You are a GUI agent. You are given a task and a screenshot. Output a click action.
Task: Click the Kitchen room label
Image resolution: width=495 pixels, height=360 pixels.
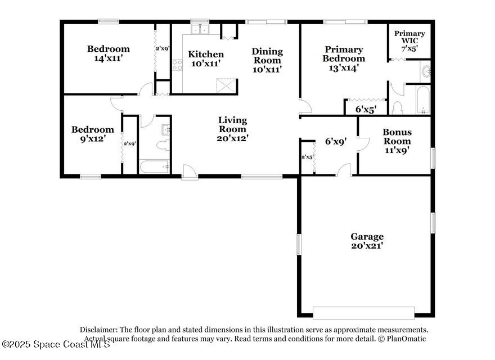[206, 58]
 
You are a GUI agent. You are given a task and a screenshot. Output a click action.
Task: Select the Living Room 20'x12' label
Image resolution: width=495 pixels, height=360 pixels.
[233, 129]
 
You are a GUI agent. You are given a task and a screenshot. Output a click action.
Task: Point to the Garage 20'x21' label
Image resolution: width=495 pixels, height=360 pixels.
[367, 241]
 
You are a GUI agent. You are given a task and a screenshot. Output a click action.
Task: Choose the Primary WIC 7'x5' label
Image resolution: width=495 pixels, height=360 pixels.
[409, 40]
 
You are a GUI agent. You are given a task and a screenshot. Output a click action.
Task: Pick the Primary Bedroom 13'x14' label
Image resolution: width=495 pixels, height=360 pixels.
[344, 58]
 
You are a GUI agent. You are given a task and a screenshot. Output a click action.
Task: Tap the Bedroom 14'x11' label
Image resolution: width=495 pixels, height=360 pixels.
[108, 53]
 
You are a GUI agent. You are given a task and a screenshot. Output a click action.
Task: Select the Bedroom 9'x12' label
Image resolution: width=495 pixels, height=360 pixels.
[92, 134]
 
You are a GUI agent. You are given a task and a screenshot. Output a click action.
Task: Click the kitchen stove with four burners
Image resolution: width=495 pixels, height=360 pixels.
[177, 65]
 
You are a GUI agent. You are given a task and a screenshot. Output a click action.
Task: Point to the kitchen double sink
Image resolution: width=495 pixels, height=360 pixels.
[200, 29]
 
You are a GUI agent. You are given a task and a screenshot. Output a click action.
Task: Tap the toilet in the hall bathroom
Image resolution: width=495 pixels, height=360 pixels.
[163, 145]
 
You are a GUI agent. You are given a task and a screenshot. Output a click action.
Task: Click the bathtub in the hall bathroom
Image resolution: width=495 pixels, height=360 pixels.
[154, 166]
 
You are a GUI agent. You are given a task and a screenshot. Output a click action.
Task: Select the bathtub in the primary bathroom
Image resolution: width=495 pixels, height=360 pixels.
[422, 100]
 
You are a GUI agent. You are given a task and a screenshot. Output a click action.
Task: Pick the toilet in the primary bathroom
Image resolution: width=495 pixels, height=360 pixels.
[397, 107]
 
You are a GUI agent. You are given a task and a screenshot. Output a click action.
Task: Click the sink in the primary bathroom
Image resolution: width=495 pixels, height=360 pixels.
[426, 72]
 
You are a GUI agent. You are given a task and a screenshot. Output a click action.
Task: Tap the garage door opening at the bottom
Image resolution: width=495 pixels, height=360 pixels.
[364, 313]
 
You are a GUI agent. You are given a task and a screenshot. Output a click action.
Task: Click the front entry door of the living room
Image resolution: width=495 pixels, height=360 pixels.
[190, 173]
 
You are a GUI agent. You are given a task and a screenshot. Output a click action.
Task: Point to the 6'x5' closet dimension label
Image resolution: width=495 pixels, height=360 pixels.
[366, 110]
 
